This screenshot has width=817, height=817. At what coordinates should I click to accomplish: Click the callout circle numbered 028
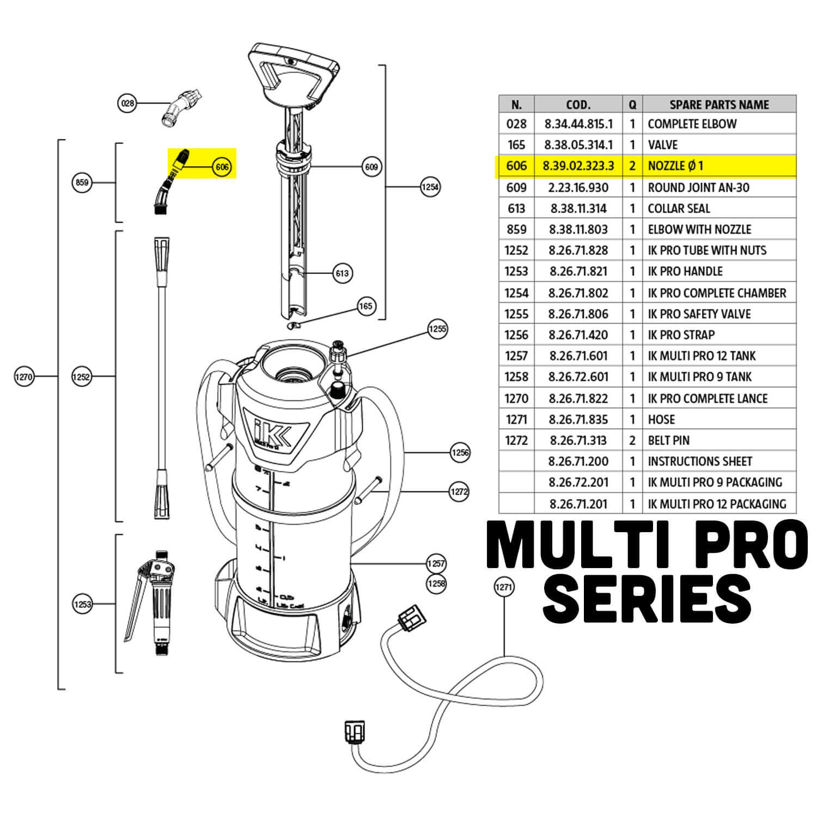pos(127,103)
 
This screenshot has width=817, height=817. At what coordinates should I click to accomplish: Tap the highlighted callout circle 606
pos(222,167)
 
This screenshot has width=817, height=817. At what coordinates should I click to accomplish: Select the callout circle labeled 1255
pos(437,329)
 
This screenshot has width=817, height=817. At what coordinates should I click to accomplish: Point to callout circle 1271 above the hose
pos(504,587)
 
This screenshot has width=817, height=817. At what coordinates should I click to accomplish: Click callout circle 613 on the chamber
pos(342,273)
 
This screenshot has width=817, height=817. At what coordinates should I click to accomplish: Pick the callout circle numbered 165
pos(366,306)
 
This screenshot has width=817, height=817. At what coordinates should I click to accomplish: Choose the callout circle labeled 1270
pos(25,376)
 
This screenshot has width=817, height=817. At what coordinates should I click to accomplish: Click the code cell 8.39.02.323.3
pos(578,166)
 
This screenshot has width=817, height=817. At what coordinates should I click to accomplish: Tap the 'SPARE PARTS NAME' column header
pos(719,104)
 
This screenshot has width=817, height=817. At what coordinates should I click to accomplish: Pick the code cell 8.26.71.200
pos(578,461)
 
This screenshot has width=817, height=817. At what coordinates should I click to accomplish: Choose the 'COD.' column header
pos(578,104)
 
